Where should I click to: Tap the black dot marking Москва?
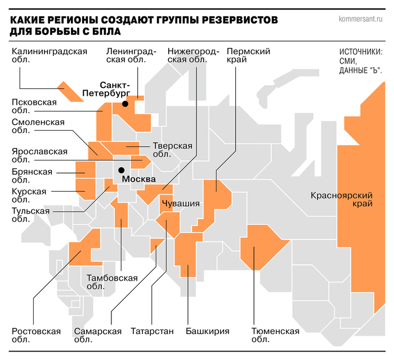[121, 170]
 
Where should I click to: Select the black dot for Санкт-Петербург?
[125, 104]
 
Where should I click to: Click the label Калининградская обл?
[50, 57]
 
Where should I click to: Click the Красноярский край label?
[342, 201]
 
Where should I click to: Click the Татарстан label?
[152, 331]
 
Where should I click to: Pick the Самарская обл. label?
[97, 335]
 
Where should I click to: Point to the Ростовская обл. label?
[36, 335]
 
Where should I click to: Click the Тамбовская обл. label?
[112, 282]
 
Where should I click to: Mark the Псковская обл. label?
[34, 106]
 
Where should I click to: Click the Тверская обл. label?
[172, 150]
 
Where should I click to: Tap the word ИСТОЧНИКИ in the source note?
[361, 52]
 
